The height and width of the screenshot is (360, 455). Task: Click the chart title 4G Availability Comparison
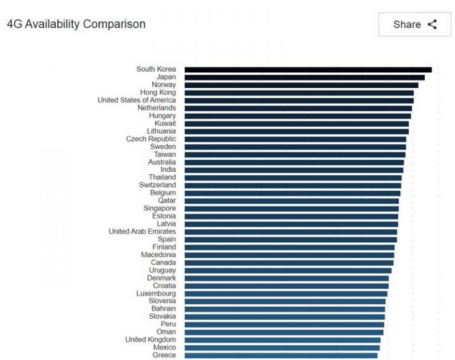point(76,24)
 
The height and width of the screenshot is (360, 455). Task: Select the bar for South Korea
point(307,69)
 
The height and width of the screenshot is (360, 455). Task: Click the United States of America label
point(137,100)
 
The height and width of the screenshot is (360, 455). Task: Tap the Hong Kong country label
point(158,92)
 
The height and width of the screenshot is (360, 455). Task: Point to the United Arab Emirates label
point(142,232)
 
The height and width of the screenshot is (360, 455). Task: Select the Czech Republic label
point(150,139)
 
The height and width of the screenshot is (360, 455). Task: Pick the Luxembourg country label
point(156,293)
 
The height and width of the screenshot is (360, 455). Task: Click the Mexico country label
point(164,348)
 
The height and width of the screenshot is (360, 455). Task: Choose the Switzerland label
point(157,185)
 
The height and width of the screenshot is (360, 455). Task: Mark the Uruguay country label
point(162,270)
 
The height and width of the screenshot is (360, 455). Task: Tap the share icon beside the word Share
point(432,24)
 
